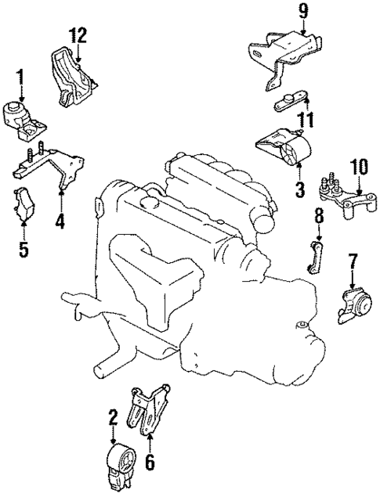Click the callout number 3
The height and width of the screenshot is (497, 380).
click(x=299, y=189)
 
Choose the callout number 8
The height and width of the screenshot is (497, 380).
click(x=319, y=214)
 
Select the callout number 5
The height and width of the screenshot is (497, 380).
click(x=23, y=250)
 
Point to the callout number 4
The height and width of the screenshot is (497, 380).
click(x=60, y=221)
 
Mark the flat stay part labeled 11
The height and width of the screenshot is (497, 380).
click(x=293, y=102)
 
